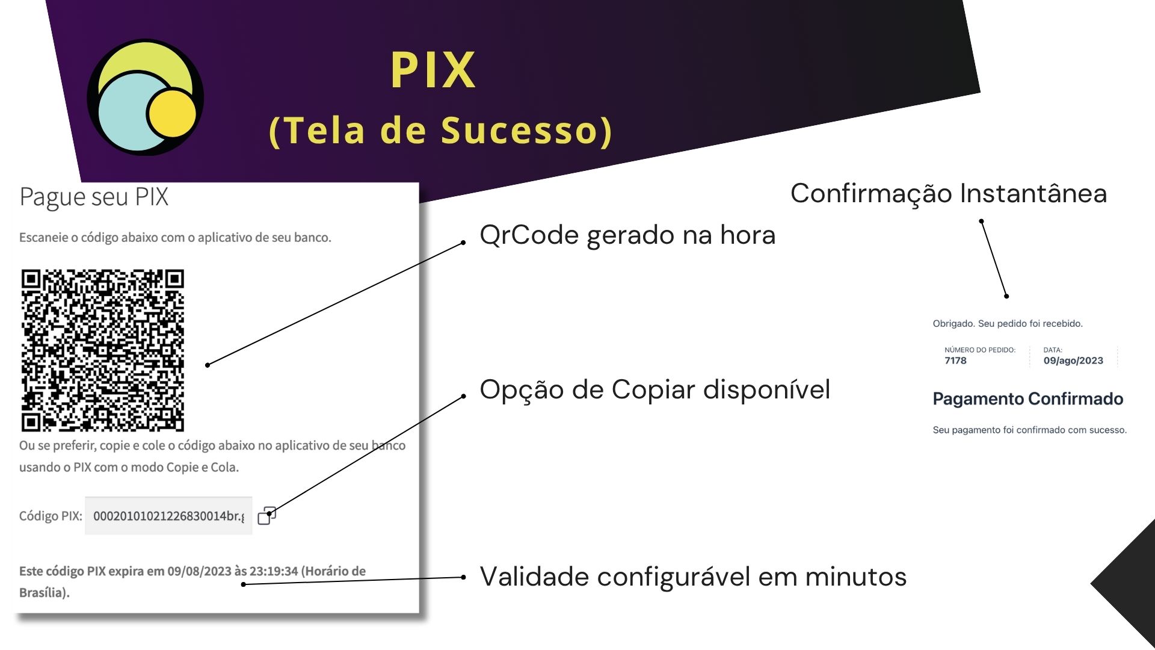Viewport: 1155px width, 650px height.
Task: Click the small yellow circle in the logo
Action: tap(172, 113)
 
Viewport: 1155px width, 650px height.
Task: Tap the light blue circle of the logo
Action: tap(123, 114)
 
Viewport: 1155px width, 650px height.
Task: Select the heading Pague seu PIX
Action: tap(94, 197)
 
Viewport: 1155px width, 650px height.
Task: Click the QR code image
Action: tap(103, 350)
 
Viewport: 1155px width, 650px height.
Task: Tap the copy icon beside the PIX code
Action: tap(266, 515)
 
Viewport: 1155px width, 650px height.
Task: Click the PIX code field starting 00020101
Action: tap(168, 516)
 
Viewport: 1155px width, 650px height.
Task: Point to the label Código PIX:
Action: tap(51, 516)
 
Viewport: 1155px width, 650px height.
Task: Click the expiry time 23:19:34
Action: tap(274, 571)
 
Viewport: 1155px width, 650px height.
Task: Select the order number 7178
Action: tap(955, 361)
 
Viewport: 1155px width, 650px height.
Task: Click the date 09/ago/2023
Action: tap(1073, 361)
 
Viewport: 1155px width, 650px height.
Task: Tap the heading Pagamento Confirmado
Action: tap(1027, 398)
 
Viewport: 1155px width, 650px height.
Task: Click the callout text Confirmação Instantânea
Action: tap(948, 194)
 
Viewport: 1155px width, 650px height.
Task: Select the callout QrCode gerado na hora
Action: tap(627, 235)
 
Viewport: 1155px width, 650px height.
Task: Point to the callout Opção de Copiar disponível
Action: tap(654, 389)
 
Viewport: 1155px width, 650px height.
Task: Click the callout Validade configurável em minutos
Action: tap(692, 577)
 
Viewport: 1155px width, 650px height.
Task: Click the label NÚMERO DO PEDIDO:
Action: tap(979, 350)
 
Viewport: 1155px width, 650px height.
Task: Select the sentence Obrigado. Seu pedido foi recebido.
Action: tap(1007, 323)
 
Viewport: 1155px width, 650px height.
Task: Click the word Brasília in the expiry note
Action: tap(42, 593)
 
